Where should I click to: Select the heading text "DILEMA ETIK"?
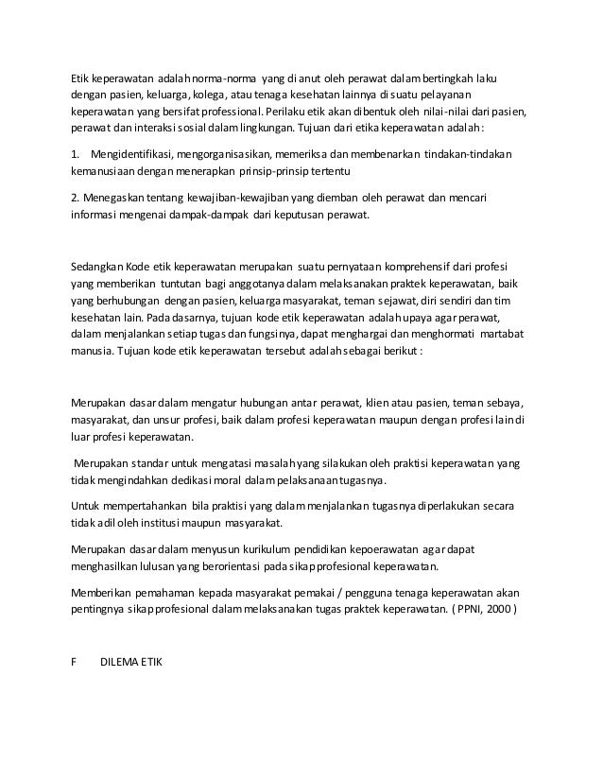(x=131, y=659)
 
